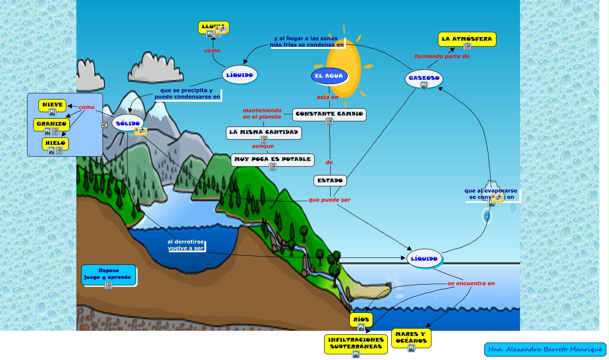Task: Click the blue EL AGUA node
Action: click(329, 76)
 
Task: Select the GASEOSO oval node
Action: click(424, 79)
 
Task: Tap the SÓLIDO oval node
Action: click(127, 123)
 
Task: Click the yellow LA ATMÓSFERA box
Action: click(467, 39)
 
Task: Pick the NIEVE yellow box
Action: click(52, 105)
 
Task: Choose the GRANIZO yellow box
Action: click(51, 124)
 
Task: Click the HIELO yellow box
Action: click(55, 143)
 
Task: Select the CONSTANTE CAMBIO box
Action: click(329, 114)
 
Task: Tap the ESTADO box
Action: click(330, 180)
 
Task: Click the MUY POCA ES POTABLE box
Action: click(273, 160)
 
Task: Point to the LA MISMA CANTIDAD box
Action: click(263, 132)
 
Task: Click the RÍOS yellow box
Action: click(361, 319)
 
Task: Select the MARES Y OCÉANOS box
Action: click(411, 338)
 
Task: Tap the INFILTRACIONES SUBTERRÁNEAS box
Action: click(356, 343)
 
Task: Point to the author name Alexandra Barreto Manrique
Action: click(545, 350)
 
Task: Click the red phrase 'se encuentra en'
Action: click(471, 283)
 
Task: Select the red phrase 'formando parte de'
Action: click(441, 56)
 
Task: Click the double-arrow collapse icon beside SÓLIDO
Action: click(105, 125)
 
